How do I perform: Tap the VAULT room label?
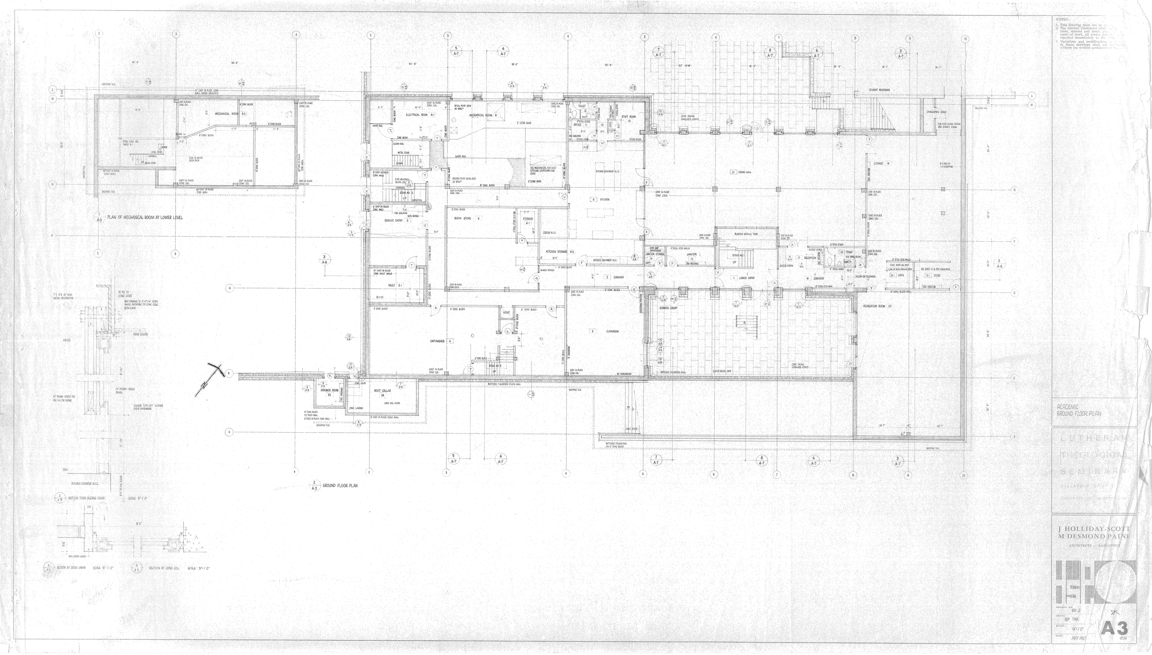(395, 285)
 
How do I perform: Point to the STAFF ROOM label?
(628, 117)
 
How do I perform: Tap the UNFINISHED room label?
(440, 341)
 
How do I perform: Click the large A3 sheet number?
(1111, 628)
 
